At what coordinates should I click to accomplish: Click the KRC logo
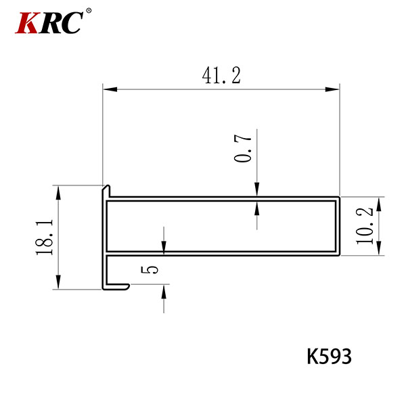click(x=53, y=22)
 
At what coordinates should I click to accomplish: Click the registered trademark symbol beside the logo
click(x=89, y=11)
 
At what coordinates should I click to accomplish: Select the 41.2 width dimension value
click(x=221, y=75)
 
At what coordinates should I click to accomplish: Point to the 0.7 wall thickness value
click(x=243, y=148)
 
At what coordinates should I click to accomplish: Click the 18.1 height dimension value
click(x=45, y=238)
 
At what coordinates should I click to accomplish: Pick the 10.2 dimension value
click(x=365, y=226)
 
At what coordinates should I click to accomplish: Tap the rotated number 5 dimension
click(x=149, y=269)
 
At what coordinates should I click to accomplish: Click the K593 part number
click(x=329, y=357)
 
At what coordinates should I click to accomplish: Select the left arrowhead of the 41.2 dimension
click(x=110, y=89)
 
